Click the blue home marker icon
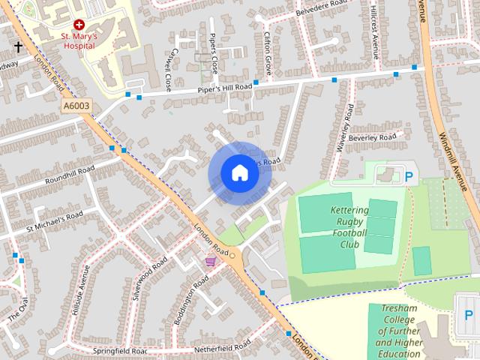(x=239, y=173)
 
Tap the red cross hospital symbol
(x=78, y=24)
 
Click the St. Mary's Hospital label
(x=78, y=40)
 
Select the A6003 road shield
(x=76, y=106)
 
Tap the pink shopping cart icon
(x=211, y=261)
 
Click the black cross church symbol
(x=18, y=46)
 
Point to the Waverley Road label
(x=343, y=127)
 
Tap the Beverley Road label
(x=372, y=139)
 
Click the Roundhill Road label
(x=69, y=176)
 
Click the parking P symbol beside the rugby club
(x=409, y=178)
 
